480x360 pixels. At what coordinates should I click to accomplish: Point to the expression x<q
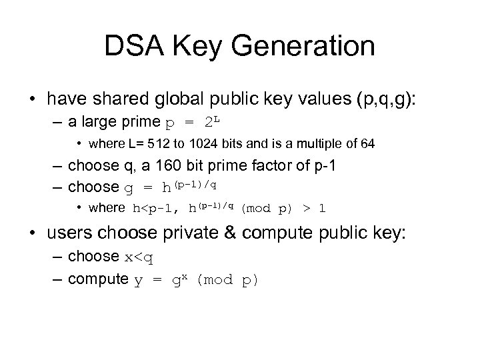pos(139,257)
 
